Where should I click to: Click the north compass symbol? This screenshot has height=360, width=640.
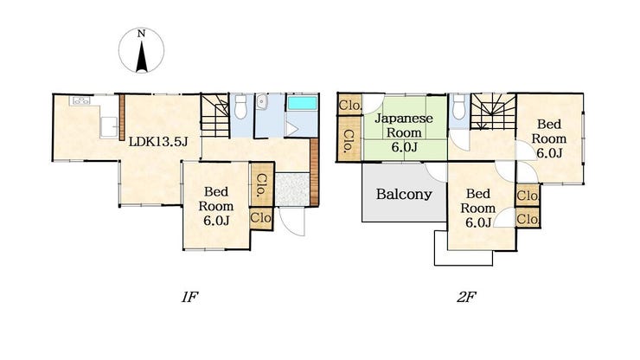[141, 51]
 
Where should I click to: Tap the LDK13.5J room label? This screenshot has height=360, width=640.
[158, 142]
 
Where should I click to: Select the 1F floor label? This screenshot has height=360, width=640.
[189, 297]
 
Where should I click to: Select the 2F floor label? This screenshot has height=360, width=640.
[466, 297]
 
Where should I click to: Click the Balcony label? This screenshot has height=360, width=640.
[404, 194]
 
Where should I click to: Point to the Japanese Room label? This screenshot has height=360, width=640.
[404, 132]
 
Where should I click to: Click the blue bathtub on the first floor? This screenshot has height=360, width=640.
[303, 103]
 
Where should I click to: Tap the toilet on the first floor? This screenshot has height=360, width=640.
[241, 106]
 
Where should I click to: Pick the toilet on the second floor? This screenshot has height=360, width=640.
[459, 106]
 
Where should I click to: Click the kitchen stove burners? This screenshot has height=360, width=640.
[80, 100]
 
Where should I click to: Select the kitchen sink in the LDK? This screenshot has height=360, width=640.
[109, 127]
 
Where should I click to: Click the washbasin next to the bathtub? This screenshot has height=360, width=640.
[261, 102]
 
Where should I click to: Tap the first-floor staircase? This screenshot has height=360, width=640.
[215, 116]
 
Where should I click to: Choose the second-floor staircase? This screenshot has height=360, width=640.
[494, 112]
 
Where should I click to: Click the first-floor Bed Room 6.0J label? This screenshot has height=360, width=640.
[216, 206]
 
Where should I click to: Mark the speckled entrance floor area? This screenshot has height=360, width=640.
[292, 190]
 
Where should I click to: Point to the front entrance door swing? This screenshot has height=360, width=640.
[291, 221]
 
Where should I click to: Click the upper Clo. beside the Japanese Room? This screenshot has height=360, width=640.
[349, 106]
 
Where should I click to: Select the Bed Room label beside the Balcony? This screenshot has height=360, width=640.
[478, 208]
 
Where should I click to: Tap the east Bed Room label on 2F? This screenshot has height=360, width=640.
[549, 138]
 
